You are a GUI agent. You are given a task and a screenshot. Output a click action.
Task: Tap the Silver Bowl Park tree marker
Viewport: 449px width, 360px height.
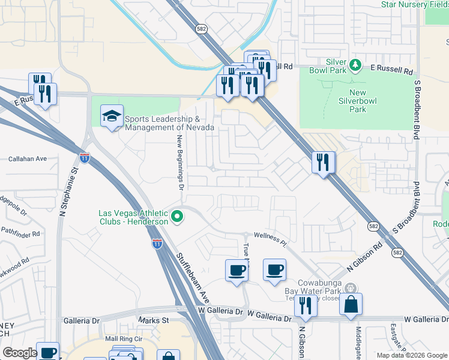click(355, 64)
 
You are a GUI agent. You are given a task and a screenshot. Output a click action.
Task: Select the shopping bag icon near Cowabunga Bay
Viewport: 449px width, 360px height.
click(351, 304)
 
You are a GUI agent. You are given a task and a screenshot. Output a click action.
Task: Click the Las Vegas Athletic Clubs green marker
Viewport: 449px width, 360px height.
click(176, 216)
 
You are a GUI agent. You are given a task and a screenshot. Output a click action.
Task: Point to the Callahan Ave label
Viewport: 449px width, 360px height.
click(27, 159)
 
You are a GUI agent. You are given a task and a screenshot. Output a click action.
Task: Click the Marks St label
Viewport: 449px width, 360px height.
click(154, 321)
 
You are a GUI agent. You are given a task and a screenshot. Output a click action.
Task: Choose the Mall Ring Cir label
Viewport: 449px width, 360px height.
click(124, 339)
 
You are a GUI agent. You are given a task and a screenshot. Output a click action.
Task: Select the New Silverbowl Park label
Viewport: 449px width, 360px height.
click(357, 101)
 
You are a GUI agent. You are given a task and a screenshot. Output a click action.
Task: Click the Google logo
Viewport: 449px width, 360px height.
click(19, 352)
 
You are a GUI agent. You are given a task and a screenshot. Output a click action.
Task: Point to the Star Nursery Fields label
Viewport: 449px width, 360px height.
click(414, 5)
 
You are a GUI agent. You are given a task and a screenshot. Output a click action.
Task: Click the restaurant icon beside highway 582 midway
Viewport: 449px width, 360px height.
click(323, 162)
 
